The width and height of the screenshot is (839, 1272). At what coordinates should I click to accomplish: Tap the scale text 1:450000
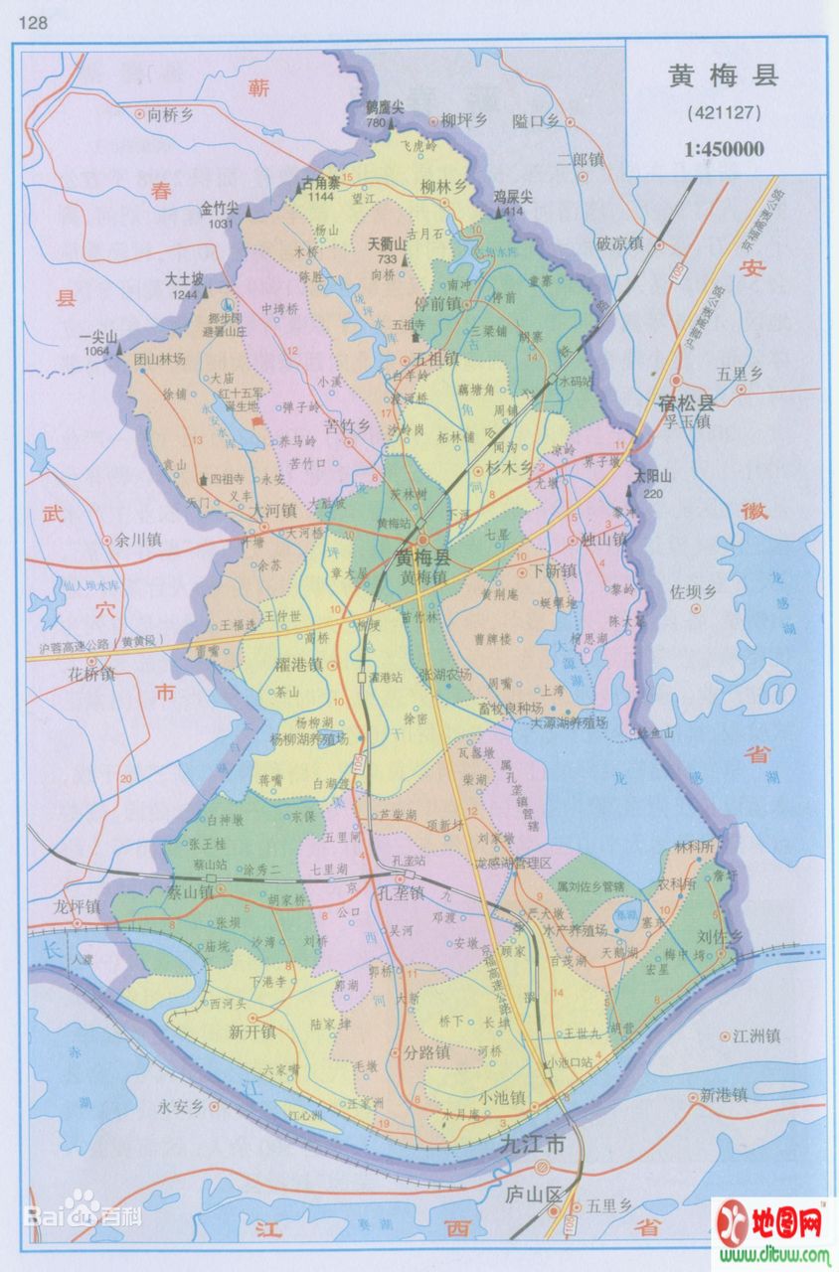click(x=723, y=149)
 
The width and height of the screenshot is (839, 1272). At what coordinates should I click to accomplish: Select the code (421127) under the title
click(x=723, y=113)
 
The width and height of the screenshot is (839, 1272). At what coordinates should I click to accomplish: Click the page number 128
click(x=31, y=21)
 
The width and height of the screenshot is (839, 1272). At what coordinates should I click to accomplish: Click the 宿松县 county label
click(x=686, y=402)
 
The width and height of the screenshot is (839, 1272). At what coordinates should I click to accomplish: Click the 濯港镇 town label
click(x=294, y=663)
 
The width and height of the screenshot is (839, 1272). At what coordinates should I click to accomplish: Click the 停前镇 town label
click(x=437, y=304)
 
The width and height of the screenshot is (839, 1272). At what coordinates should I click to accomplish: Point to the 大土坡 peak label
click(x=185, y=279)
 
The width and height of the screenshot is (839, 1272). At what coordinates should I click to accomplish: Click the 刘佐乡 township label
click(x=715, y=935)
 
